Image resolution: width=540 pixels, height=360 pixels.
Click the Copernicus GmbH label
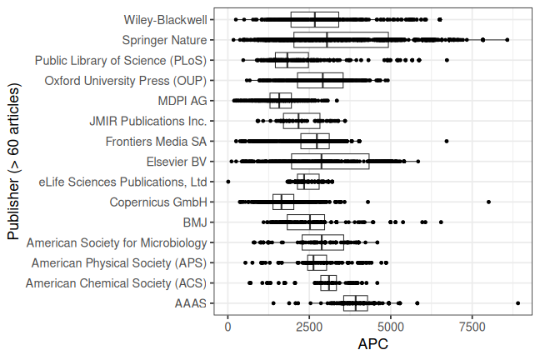(x=157, y=202)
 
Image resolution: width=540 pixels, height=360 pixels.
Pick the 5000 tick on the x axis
(x=391, y=327)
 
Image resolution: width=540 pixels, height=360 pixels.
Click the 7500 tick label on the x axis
(x=472, y=327)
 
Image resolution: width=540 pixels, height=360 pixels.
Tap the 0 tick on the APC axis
(x=228, y=327)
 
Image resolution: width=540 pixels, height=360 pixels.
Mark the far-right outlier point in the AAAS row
(x=517, y=303)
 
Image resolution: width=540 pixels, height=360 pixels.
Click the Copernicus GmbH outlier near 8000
(x=488, y=202)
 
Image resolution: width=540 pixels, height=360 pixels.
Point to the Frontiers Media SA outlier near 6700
(x=447, y=141)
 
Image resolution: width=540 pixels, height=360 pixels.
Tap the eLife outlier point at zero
(x=228, y=182)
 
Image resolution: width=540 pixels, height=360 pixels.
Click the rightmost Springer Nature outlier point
(x=507, y=39)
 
